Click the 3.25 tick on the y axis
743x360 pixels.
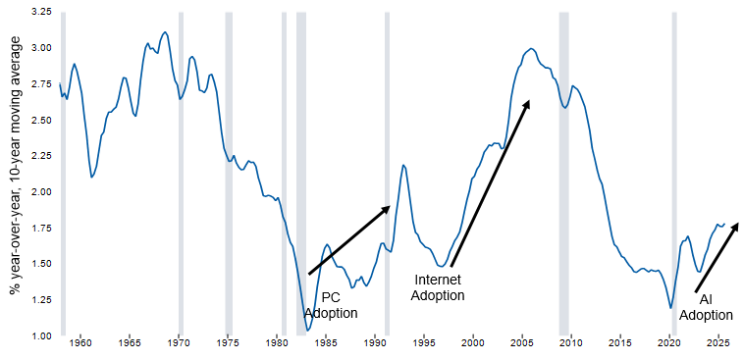tap(39, 12)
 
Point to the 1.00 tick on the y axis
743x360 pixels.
tap(39, 336)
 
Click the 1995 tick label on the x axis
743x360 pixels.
tap(424, 344)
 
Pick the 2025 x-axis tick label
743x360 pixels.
tap(717, 344)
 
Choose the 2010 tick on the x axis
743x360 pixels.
tap(570, 344)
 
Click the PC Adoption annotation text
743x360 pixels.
tap(330, 304)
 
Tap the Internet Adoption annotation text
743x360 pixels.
tap(437, 286)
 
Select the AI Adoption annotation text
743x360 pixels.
tap(707, 307)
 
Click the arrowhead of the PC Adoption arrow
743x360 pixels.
tap(387, 208)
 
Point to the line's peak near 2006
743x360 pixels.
tap(531, 48)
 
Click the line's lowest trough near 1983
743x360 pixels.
tap(308, 330)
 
